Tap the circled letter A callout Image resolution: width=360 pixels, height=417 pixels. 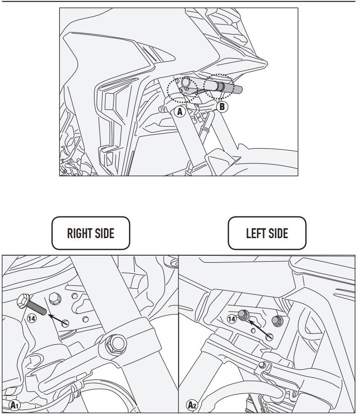tap(180, 112)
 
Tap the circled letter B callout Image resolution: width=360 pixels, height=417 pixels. tap(222, 107)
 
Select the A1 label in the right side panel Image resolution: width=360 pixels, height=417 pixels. tap(14, 405)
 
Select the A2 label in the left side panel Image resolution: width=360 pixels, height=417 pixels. tap(192, 405)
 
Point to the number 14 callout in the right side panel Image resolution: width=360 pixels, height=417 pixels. tap(32, 318)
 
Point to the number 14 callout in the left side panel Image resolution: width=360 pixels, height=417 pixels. tap(231, 319)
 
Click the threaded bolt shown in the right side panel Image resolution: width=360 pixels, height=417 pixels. tap(31, 304)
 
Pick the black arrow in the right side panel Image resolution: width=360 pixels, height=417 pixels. tap(57, 319)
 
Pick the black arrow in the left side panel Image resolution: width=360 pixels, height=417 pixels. tap(259, 329)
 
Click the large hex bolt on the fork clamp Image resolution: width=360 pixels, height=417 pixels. tap(116, 344)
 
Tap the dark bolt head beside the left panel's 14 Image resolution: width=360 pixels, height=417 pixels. tap(244, 315)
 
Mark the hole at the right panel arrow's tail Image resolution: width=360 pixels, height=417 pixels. tap(65, 324)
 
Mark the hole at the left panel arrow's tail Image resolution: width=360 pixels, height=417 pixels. tap(269, 337)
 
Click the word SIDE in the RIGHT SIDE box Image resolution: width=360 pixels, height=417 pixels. tap(105, 233)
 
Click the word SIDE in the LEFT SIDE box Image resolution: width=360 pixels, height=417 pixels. tap(279, 233)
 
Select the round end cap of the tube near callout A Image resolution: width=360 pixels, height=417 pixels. tap(186, 81)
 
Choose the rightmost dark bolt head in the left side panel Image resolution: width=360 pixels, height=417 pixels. tap(278, 321)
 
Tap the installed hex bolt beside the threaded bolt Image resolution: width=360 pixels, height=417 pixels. tap(55, 298)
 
